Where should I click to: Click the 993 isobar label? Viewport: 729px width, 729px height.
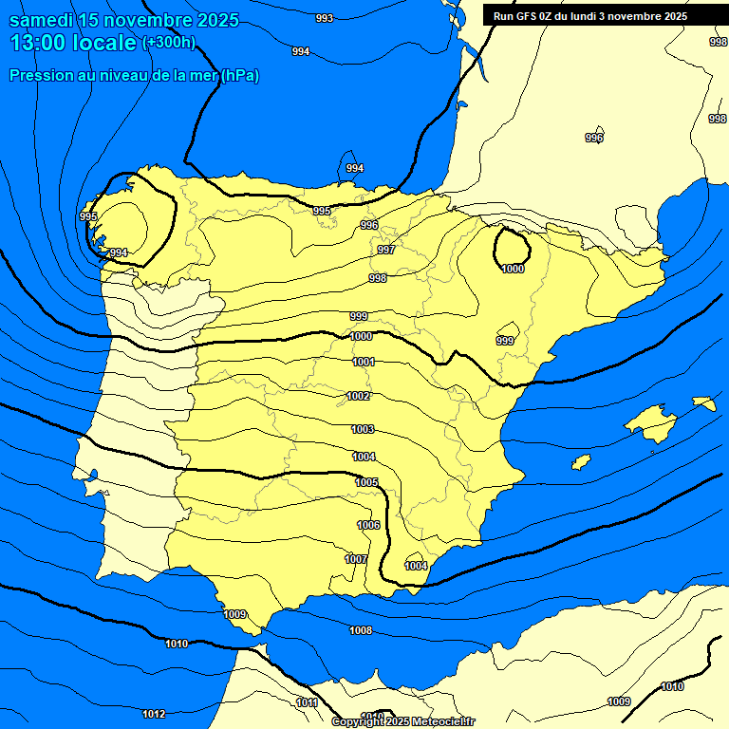pyautogui.click(x=325, y=18)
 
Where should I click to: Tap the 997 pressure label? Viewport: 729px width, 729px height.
pyautogui.click(x=386, y=250)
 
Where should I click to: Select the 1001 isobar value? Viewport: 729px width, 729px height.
pyautogui.click(x=364, y=362)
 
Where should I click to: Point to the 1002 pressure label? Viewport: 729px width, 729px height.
pyautogui.click(x=359, y=396)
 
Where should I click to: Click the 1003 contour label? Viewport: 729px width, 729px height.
pyautogui.click(x=363, y=429)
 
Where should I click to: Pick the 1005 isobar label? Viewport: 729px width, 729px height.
pyautogui.click(x=367, y=482)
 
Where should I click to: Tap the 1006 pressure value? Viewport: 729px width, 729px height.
pyautogui.click(x=368, y=525)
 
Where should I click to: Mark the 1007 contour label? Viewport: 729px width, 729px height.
pyautogui.click(x=356, y=559)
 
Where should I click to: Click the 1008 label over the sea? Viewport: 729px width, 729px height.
pyautogui.click(x=361, y=630)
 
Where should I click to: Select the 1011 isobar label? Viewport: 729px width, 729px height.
pyautogui.click(x=307, y=702)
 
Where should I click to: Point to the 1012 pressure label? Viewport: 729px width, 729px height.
pyautogui.click(x=154, y=714)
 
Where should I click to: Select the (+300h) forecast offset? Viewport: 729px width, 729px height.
pyautogui.click(x=169, y=43)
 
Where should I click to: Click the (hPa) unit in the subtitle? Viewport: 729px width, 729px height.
pyautogui.click(x=240, y=76)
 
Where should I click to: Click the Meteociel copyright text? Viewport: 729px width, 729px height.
pyautogui.click(x=402, y=722)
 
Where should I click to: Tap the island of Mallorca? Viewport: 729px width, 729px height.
pyautogui.click(x=650, y=421)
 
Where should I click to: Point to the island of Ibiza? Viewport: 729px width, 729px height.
pyautogui.click(x=582, y=462)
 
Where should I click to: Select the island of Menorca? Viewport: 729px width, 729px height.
pyautogui.click(x=704, y=403)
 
